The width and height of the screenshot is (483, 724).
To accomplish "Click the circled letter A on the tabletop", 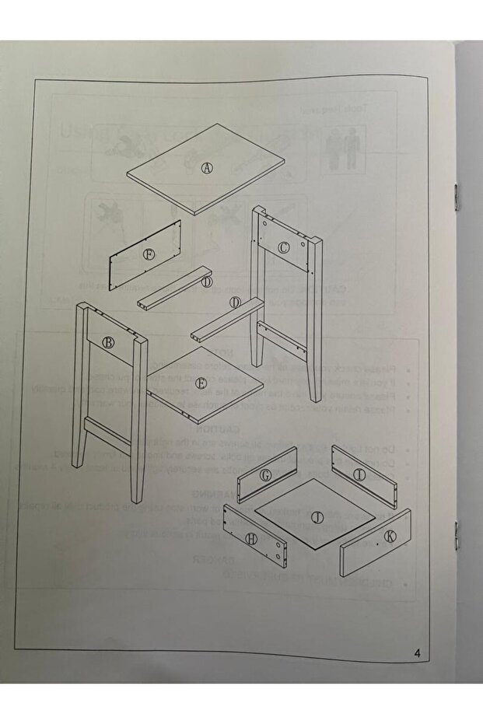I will click(x=207, y=167).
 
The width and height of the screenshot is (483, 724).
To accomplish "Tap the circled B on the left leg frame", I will click(x=109, y=341).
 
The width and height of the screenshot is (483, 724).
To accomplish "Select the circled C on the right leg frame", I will click(x=284, y=247).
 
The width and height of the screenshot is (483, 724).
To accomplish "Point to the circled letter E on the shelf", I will click(x=201, y=383).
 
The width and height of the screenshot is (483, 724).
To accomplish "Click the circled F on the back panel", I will click(x=149, y=254).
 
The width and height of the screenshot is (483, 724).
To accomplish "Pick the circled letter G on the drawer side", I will click(x=266, y=475).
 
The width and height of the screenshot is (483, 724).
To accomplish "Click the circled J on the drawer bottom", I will click(x=316, y=516).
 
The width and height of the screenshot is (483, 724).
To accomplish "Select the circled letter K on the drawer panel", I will click(x=388, y=536).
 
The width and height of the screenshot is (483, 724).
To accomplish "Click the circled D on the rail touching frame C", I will click(x=235, y=302).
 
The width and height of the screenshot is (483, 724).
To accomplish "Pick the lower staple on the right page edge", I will click(x=456, y=531).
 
